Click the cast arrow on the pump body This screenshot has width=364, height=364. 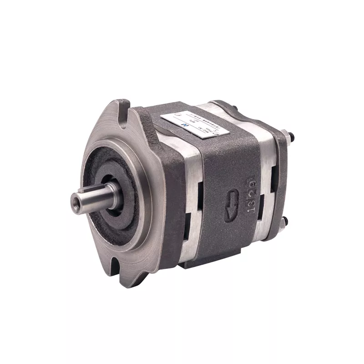(x=230, y=200)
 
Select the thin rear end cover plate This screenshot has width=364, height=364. (x=282, y=182)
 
